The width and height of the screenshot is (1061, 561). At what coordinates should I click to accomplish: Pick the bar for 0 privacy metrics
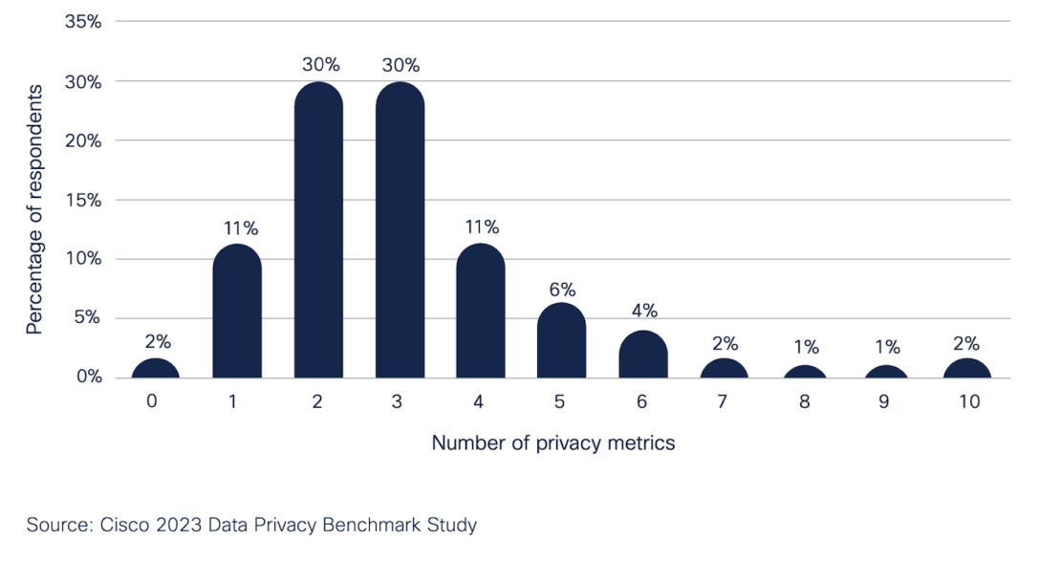coord(154,369)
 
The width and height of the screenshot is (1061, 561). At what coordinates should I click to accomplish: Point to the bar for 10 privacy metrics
coord(967,369)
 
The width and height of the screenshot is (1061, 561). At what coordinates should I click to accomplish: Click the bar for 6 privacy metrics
coord(643,355)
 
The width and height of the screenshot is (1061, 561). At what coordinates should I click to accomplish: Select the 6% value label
coord(562,289)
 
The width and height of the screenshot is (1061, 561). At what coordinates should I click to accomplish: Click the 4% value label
coord(643,311)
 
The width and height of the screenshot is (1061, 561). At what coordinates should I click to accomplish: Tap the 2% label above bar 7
coord(725,342)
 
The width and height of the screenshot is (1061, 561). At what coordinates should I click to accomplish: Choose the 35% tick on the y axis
coord(83,22)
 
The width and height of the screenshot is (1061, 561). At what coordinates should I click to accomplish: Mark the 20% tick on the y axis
coord(83,140)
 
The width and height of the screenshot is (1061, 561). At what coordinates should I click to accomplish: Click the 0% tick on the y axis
coord(88,378)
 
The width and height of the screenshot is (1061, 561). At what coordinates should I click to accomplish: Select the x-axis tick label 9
coord(885,402)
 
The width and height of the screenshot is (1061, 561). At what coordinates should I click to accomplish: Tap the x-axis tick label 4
coord(479,402)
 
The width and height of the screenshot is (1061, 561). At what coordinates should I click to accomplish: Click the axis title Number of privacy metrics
coord(553,443)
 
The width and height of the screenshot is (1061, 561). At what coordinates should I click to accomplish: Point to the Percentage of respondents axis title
coord(35,209)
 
